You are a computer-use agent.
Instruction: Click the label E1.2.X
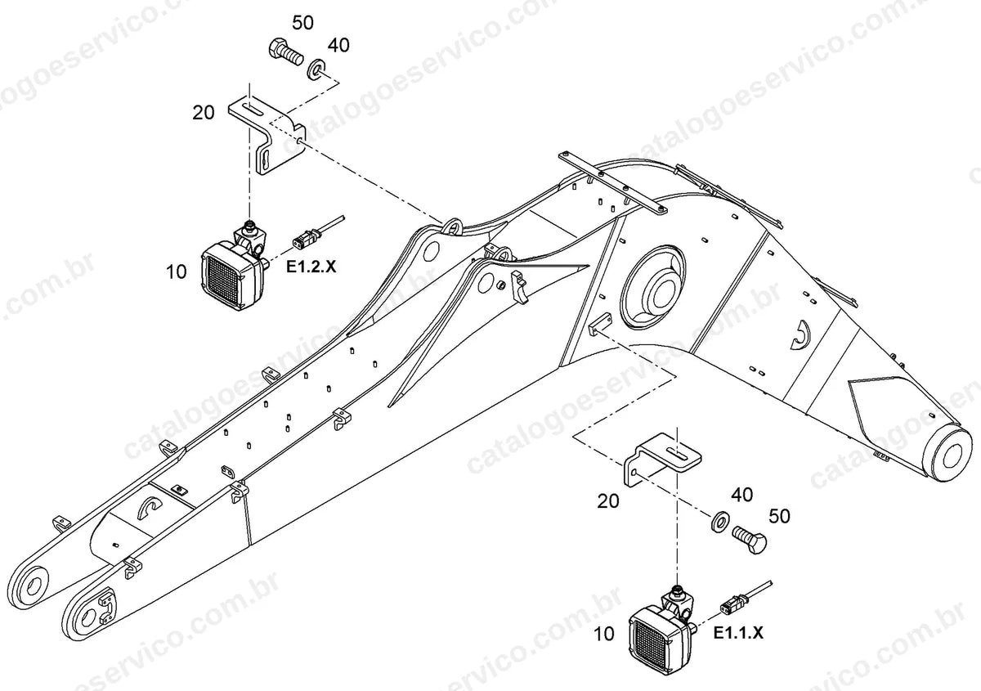point(311,267)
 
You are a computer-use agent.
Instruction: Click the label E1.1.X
point(738,633)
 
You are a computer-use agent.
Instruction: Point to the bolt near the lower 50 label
point(750,539)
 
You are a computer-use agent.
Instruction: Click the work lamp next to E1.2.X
point(234,268)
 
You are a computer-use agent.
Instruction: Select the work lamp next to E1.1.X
point(661,630)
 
